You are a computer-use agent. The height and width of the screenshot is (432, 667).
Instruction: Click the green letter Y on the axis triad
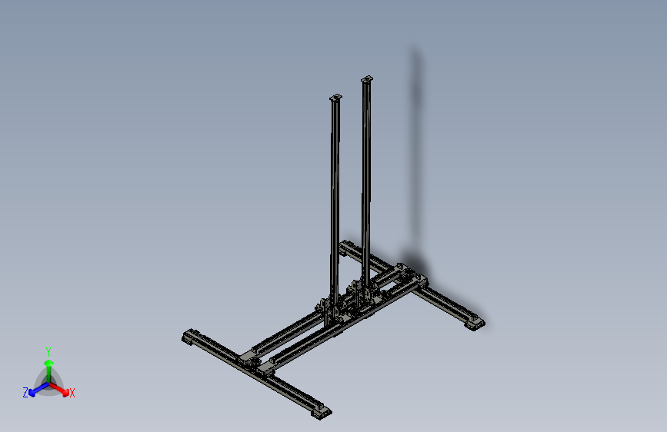(48, 350)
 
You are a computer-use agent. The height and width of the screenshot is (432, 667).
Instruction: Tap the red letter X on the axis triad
(72, 394)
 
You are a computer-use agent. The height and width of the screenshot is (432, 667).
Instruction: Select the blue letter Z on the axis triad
(25, 392)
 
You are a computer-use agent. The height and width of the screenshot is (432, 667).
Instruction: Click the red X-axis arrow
(62, 388)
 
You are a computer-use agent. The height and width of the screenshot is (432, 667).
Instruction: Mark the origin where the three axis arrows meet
(48, 382)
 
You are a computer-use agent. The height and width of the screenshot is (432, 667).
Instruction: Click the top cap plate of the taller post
(367, 79)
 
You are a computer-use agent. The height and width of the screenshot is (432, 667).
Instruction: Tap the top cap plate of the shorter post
(335, 98)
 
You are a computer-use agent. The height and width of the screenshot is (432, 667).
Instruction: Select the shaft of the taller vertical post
(366, 177)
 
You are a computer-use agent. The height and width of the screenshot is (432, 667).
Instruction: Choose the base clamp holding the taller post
(365, 291)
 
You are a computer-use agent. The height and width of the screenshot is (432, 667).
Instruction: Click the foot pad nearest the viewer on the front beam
(322, 412)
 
